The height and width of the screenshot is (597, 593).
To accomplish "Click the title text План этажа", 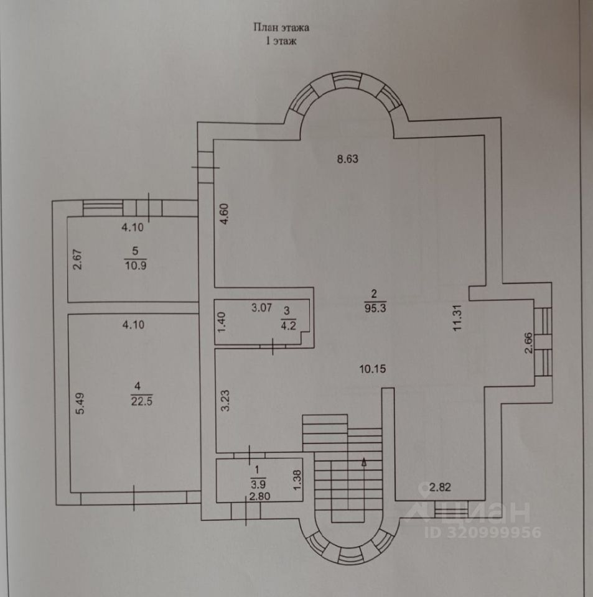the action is (281, 27).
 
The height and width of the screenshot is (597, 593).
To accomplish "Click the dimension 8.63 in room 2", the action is (348, 159).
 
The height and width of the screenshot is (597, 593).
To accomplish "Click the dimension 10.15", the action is (373, 368).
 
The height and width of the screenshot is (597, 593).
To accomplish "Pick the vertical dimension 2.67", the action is (78, 259).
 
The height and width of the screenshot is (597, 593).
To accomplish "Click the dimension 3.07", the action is (262, 307).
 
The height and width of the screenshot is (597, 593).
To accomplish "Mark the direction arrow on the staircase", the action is (364, 461).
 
